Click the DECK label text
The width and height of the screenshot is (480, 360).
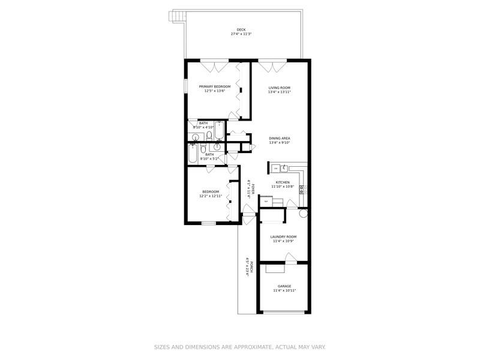[241, 29]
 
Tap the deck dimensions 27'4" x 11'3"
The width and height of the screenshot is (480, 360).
[241, 34]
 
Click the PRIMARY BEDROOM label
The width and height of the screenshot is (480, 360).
[214, 86]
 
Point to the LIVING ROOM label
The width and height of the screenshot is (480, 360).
[279, 88]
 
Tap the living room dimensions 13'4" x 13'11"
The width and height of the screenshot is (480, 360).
[279, 92]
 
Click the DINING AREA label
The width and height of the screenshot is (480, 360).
[279, 138]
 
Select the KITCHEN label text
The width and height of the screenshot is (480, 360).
[283, 182]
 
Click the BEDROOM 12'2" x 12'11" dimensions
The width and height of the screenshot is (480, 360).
[211, 196]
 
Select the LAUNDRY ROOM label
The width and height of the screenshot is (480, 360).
[284, 236]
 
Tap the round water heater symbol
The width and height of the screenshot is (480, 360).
[303, 213]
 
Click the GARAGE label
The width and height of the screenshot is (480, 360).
[284, 286]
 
